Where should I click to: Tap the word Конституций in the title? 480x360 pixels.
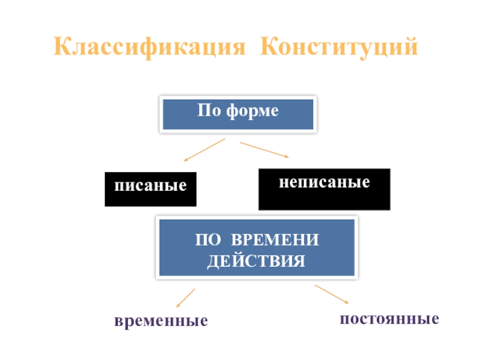pyautogui.click(x=339, y=47)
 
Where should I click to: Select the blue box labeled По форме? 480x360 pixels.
pyautogui.click(x=238, y=114)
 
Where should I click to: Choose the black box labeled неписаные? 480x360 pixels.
pyautogui.click(x=324, y=189)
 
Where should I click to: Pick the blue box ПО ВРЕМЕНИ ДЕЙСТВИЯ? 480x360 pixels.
pyautogui.click(x=257, y=248)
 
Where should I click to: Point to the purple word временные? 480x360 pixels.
pyautogui.click(x=161, y=321)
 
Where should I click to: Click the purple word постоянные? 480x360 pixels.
pyautogui.click(x=389, y=318)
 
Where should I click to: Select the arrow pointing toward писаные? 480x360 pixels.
pyautogui.click(x=203, y=150)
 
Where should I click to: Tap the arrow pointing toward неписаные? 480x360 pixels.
pyautogui.click(x=265, y=150)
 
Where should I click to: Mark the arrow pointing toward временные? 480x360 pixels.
pyautogui.click(x=185, y=298)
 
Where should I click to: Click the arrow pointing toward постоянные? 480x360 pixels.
pyautogui.click(x=332, y=294)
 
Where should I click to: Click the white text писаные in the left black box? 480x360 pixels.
pyautogui.click(x=151, y=185)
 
